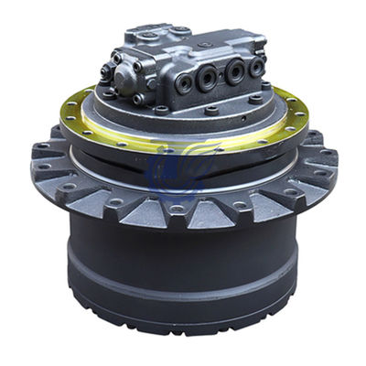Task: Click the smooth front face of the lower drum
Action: pos(183,252)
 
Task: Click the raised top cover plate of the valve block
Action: pos(165,38)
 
